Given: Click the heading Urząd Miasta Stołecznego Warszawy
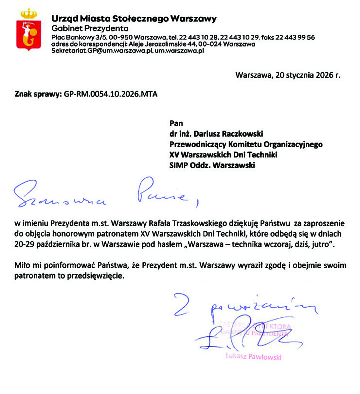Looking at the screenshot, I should click(x=134, y=19).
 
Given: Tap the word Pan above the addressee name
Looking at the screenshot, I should click(x=176, y=122).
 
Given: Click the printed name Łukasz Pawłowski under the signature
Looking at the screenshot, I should click(x=253, y=357).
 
